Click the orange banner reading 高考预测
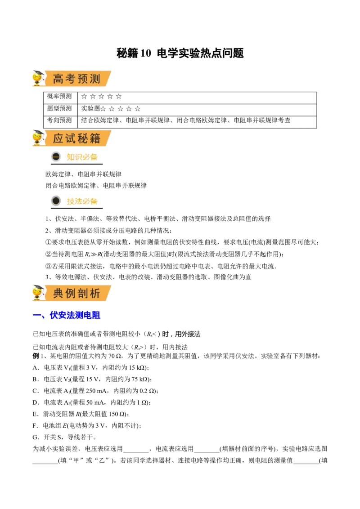point(76,79)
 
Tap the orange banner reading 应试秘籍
point(76,138)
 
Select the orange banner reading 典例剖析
point(76,293)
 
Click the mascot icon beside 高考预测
point(38,78)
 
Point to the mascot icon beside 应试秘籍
point(38,138)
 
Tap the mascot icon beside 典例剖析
point(38,293)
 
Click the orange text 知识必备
point(82,157)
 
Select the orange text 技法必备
point(82,201)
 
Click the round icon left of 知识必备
point(56,157)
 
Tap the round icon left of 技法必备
point(56,201)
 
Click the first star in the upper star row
point(84,96)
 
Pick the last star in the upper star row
point(119,96)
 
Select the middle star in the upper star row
point(101,96)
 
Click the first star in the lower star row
point(103,109)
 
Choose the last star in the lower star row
point(138,109)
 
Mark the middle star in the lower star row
point(120,109)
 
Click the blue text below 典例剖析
point(75,315)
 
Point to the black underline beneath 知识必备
point(76,165)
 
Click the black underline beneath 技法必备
point(76,208)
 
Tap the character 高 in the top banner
point(58,80)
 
